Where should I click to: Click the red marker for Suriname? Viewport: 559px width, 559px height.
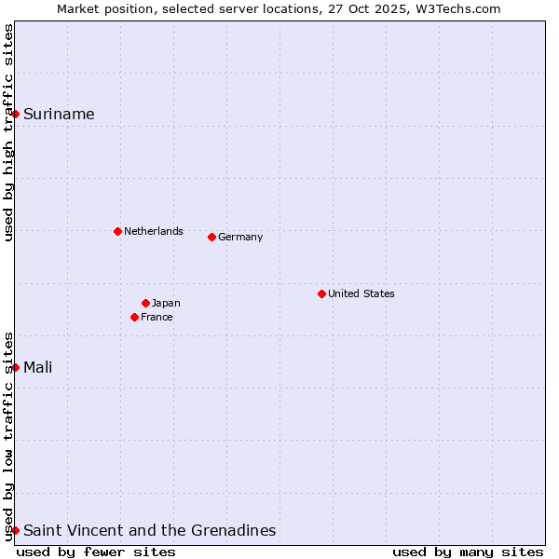point(16,114)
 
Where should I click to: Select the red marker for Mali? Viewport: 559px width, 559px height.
point(16,367)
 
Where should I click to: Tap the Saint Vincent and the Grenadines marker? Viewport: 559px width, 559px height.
point(16,530)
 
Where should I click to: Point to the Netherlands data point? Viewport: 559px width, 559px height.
point(117,231)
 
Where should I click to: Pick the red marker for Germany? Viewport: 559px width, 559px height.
point(211,237)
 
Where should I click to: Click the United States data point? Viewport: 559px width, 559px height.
point(321,293)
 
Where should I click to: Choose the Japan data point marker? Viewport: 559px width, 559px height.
point(145,303)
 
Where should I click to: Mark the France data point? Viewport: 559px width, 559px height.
point(134,317)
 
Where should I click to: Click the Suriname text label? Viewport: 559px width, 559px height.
point(59,115)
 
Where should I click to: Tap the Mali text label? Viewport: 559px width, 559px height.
point(37,367)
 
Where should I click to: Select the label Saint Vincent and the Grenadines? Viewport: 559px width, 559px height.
point(149,531)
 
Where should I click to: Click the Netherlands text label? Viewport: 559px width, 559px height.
point(153,231)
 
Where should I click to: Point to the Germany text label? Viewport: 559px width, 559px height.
point(240,237)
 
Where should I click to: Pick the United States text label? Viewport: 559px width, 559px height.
point(361,293)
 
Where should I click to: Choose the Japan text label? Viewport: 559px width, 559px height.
point(166,303)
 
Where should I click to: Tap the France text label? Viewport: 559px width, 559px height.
point(157,317)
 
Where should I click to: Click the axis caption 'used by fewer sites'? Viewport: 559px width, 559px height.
point(96,552)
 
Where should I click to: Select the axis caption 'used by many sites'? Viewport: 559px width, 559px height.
point(468,552)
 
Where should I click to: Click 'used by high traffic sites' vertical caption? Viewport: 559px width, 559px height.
point(8,132)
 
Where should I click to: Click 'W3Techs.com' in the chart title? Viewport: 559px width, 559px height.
point(460,8)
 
